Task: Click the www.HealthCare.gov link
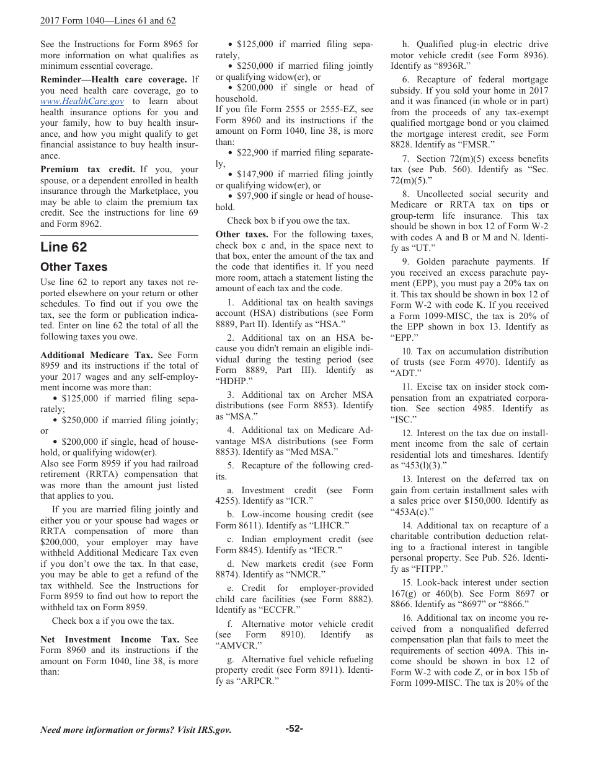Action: (x=82, y=102)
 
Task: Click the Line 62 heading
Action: (x=64, y=247)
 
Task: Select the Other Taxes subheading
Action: (x=74, y=267)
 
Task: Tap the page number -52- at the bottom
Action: (x=294, y=729)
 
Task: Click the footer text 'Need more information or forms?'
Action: (x=136, y=730)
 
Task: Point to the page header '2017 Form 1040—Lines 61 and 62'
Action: (x=108, y=21)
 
